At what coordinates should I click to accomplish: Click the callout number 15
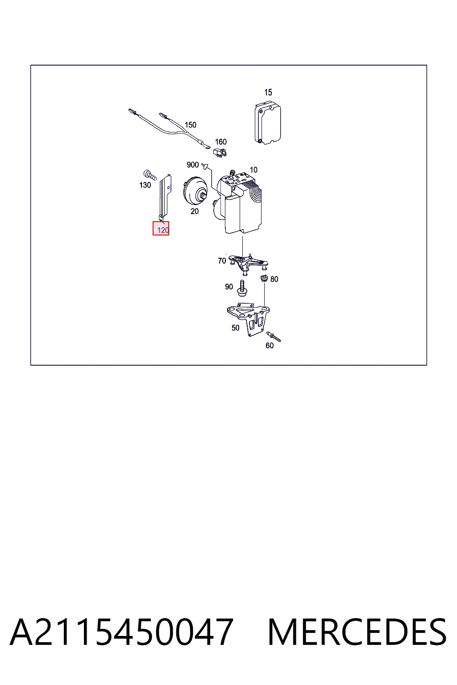pos(268,92)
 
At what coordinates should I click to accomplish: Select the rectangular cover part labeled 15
pos(267,124)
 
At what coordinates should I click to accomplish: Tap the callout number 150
pos(191,125)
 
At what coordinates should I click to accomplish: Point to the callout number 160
pos(221,142)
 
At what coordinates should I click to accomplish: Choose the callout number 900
pos(192,165)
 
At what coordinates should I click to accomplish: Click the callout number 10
pos(253,170)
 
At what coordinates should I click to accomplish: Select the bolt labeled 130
pos(150,175)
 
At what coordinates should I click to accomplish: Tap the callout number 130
pos(145,185)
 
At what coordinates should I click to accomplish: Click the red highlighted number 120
pos(161,228)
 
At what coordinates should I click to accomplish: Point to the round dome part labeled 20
pos(195,190)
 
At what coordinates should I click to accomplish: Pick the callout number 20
pos(195,211)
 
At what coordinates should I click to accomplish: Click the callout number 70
pos(222,261)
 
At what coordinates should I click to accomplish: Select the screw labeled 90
pos(242,288)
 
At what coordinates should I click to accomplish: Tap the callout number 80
pos(274,279)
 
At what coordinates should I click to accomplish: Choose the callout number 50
pos(235,328)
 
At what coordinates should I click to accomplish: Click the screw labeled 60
pos(274,336)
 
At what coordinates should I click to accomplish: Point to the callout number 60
pos(270,346)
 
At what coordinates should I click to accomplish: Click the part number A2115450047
pos(121,632)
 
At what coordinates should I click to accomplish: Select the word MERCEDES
pos(357,632)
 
